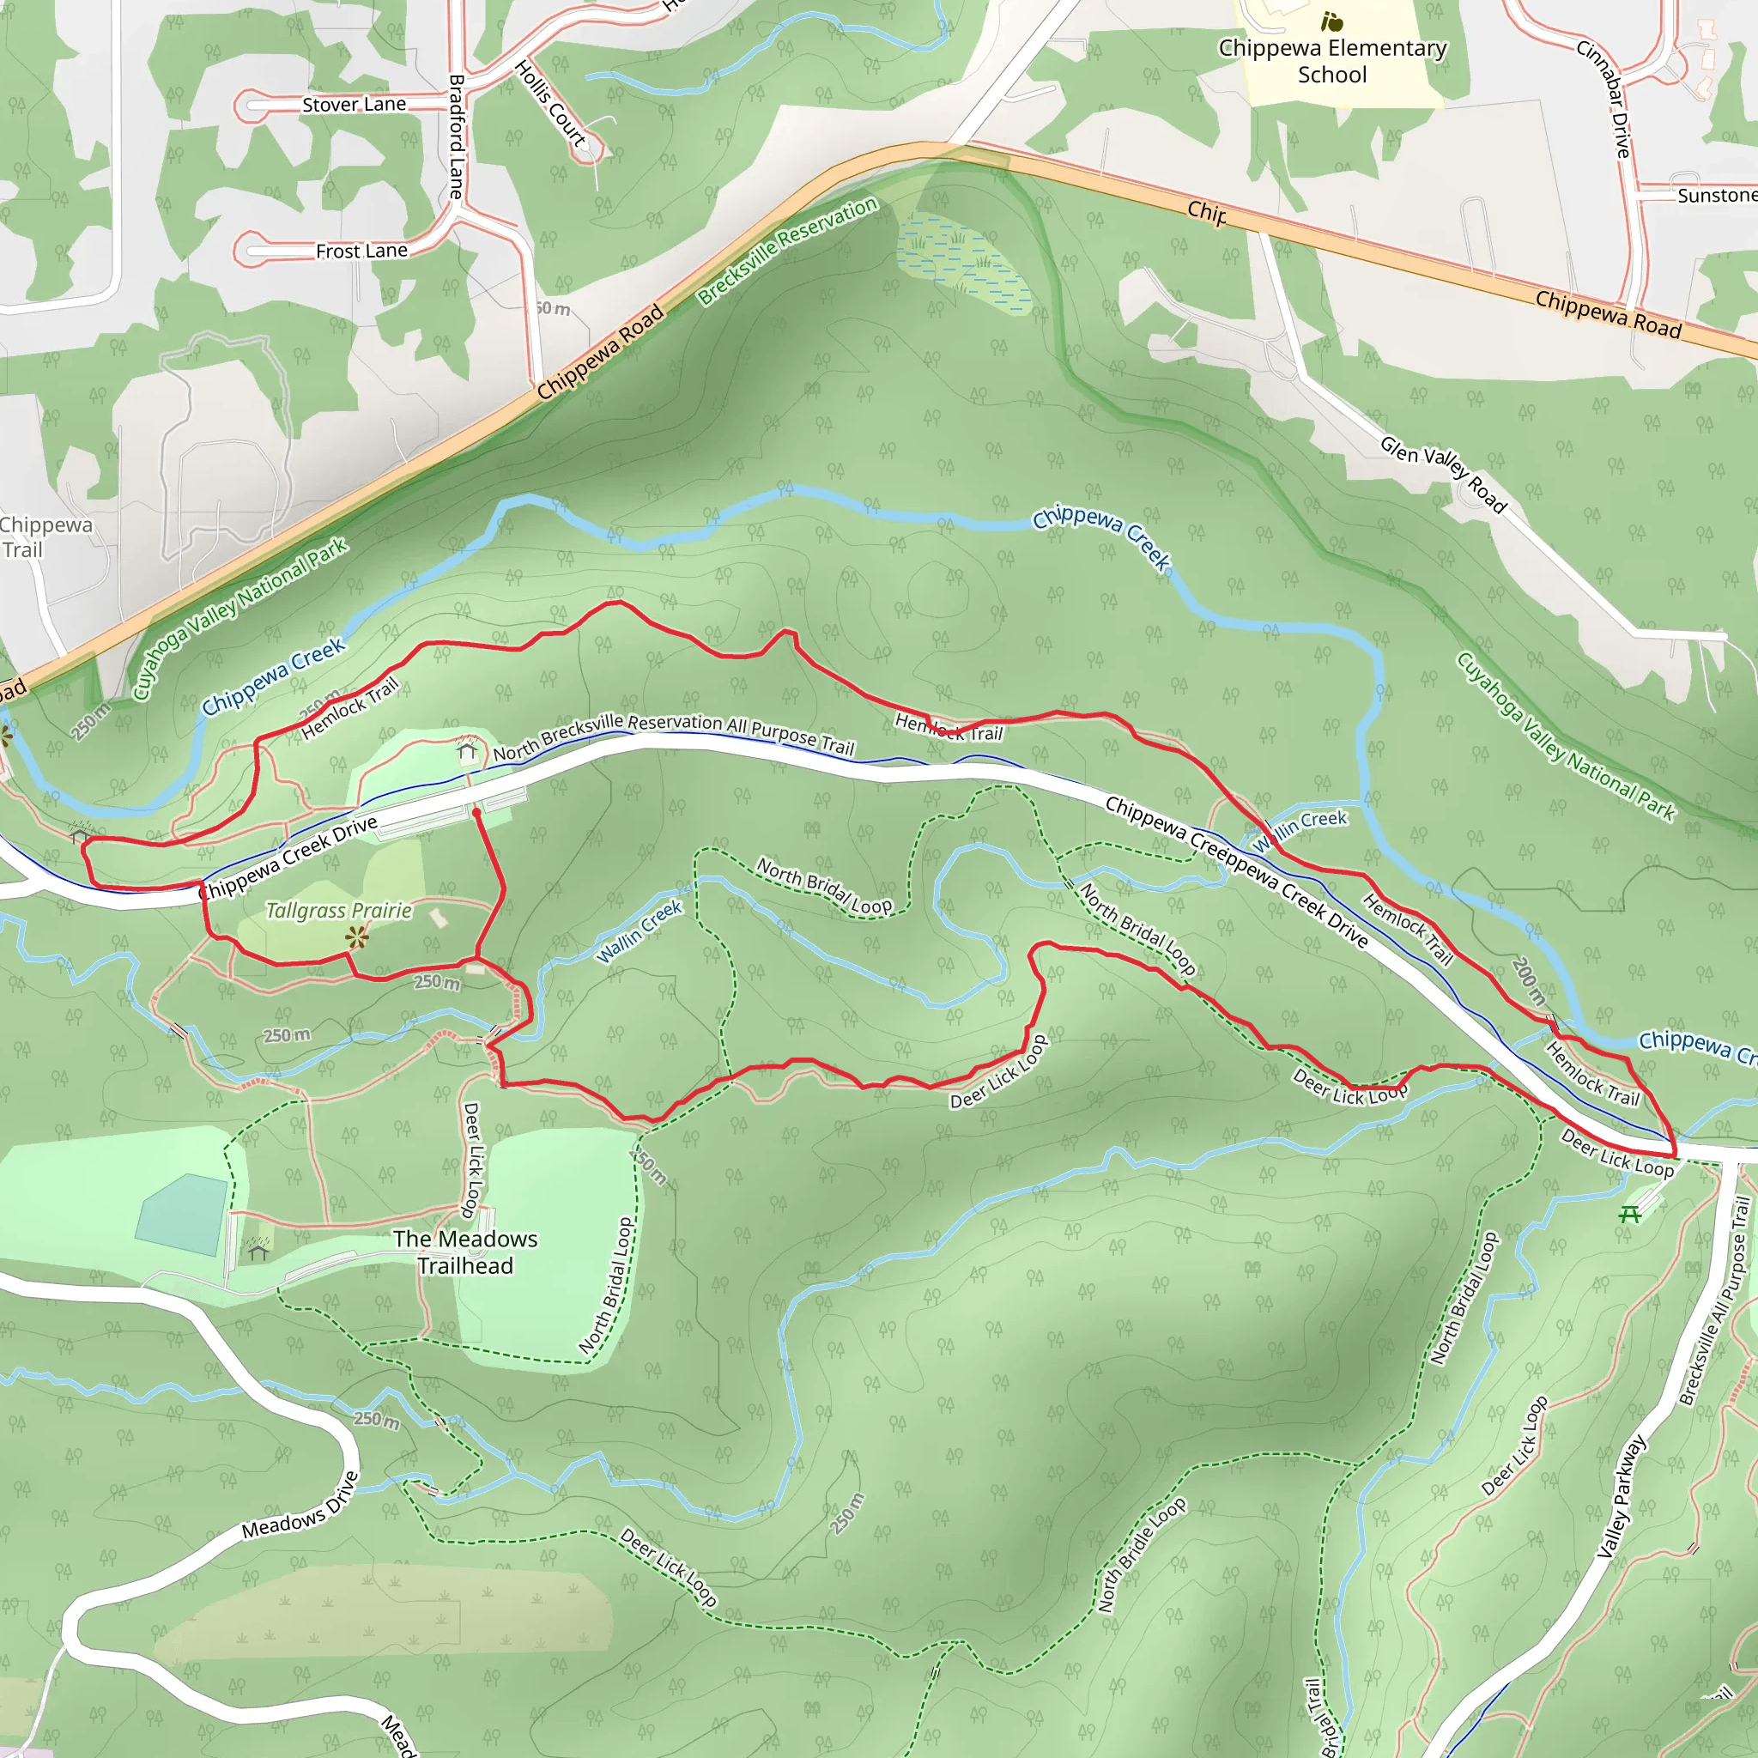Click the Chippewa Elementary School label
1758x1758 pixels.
pyautogui.click(x=1332, y=61)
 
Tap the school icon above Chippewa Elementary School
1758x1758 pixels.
pyautogui.click(x=1332, y=21)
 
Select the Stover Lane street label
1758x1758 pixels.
pyautogui.click(x=354, y=105)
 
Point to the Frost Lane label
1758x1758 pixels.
pyautogui.click(x=361, y=252)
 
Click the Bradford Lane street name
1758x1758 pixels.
pyautogui.click(x=457, y=136)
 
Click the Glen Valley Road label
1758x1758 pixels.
pyautogui.click(x=1443, y=474)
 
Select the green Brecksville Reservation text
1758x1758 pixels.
pyautogui.click(x=787, y=251)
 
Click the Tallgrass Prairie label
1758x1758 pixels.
pyautogui.click(x=338, y=911)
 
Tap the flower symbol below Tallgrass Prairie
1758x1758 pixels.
pyautogui.click(x=357, y=937)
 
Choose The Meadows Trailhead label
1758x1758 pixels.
pyautogui.click(x=465, y=1252)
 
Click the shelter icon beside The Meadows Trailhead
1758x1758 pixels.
pyautogui.click(x=258, y=1252)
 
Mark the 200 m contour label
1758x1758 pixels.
pyautogui.click(x=1528, y=981)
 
